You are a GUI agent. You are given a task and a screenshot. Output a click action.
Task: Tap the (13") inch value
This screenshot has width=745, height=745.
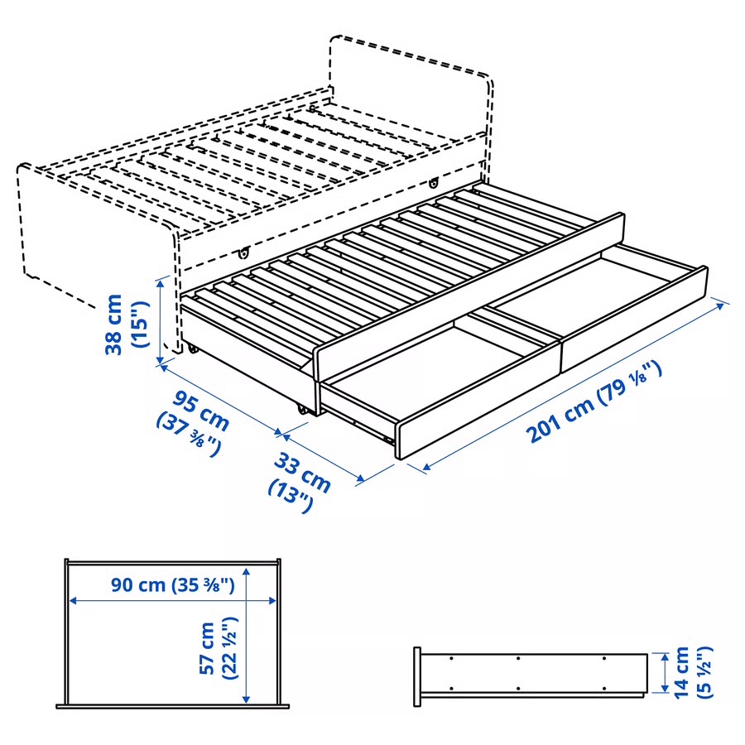pos(289,493)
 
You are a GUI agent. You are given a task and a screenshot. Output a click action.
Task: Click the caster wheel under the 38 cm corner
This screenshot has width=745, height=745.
pos(193,348)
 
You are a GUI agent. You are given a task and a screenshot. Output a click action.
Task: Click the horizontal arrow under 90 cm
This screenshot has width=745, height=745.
pos(173,602)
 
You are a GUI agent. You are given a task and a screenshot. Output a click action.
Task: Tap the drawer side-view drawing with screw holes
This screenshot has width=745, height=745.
pos(530,675)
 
